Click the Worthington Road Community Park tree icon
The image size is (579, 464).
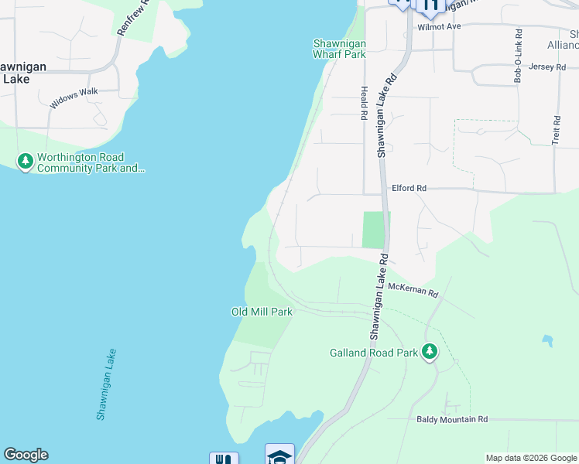[26, 162]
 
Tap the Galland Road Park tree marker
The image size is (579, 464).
[430, 353]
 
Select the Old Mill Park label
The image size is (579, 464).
[262, 312]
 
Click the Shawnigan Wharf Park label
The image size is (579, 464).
[339, 49]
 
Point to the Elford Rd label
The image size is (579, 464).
[409, 188]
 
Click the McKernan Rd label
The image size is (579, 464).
[413, 290]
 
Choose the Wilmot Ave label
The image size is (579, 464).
[439, 26]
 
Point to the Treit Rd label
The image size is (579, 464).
[556, 131]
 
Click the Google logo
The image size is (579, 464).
[26, 455]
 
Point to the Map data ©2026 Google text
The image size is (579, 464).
[529, 458]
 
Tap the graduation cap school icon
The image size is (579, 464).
[279, 455]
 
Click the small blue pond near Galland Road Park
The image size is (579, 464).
[548, 340]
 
